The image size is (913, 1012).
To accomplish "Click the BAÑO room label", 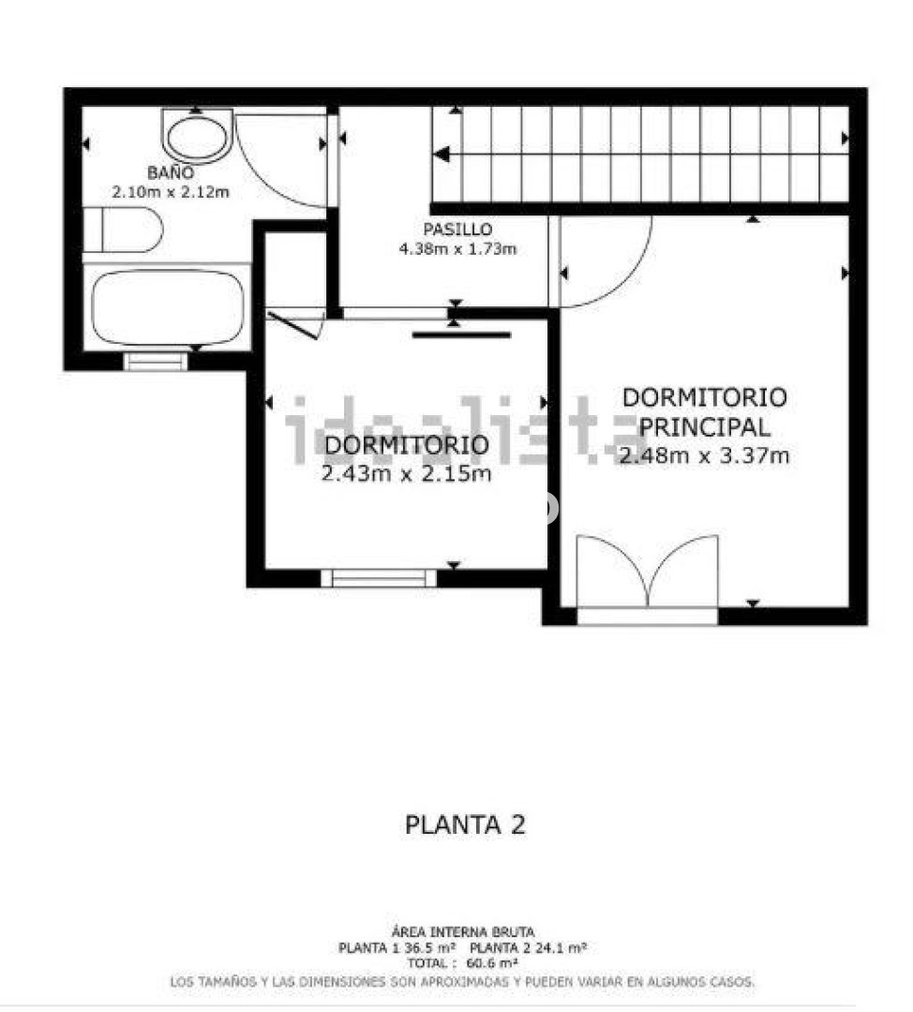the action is [x=171, y=173].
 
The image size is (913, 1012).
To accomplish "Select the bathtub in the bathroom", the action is [x=167, y=308].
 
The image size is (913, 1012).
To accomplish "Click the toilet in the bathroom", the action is [x=124, y=230].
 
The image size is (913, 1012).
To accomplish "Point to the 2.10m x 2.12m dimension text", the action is [x=171, y=192].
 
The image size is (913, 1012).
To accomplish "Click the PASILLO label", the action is [x=457, y=230].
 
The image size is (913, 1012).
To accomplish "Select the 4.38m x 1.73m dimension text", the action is [x=457, y=248].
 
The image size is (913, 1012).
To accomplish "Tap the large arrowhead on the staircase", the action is [x=442, y=155].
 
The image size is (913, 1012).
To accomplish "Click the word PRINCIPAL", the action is [x=705, y=427].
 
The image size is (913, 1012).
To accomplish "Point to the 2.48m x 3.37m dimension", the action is [x=705, y=455].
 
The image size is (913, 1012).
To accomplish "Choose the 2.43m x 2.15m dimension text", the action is [x=406, y=474].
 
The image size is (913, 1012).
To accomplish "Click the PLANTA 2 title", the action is [x=465, y=825].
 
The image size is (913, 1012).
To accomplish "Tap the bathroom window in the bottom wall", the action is [x=155, y=361].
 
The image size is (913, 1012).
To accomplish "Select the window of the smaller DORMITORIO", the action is [x=379, y=578].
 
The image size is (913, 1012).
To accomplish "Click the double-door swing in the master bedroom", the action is [x=647, y=572].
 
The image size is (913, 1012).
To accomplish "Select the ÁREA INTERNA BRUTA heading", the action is [x=463, y=932].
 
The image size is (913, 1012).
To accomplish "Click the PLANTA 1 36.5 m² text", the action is [x=397, y=948].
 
